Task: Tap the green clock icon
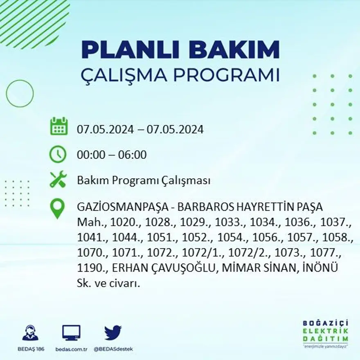(x=58, y=154)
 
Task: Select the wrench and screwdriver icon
(x=58, y=180)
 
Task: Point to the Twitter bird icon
(x=112, y=333)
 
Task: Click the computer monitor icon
(x=71, y=333)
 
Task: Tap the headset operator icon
(x=30, y=333)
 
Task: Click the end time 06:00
(x=132, y=155)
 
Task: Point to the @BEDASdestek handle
(x=113, y=349)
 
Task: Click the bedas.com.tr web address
(x=71, y=349)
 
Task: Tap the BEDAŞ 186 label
(x=30, y=349)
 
